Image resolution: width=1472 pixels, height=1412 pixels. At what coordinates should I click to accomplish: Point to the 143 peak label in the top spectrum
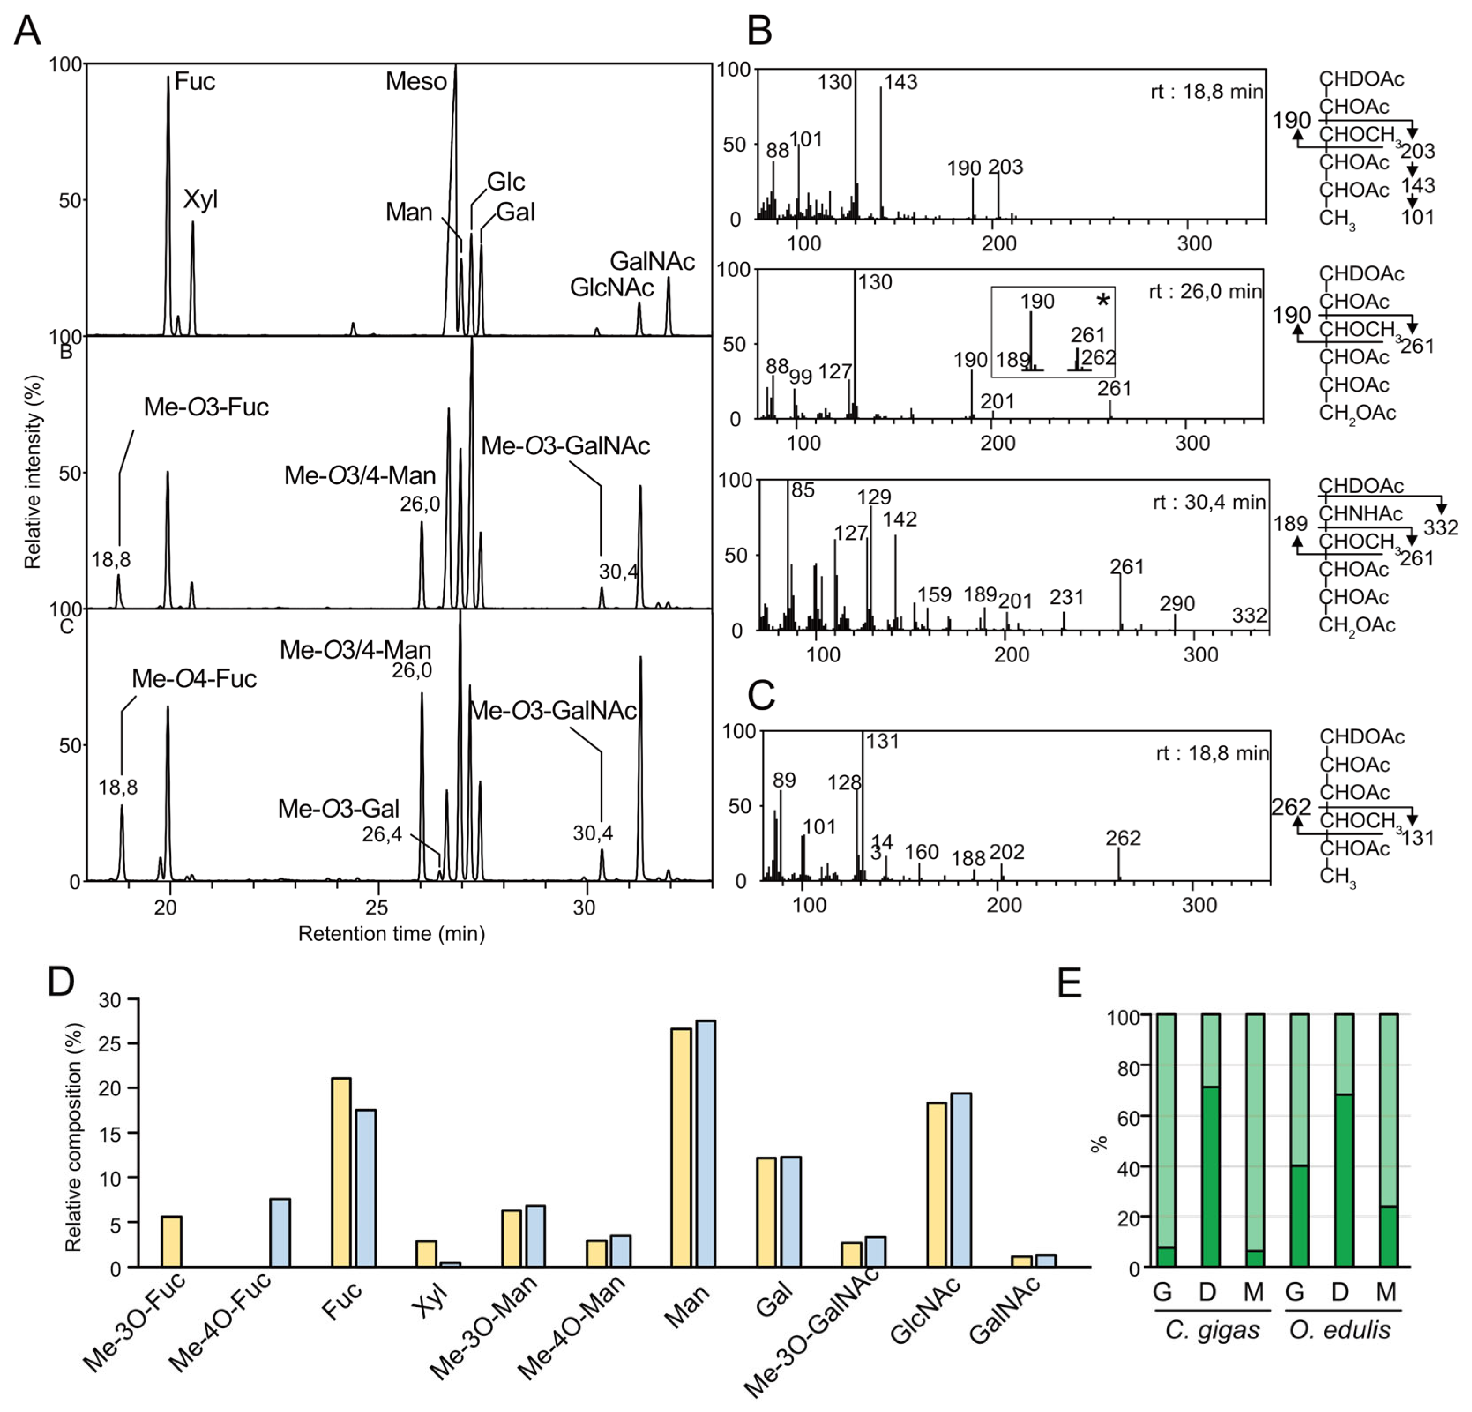pos(900,82)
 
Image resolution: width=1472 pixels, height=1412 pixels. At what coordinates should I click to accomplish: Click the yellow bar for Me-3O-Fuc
pos(171,1241)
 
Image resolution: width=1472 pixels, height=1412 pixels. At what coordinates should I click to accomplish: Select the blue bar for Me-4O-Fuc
pos(280,1233)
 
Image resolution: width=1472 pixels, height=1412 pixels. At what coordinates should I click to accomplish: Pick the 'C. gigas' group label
pos(1212,1330)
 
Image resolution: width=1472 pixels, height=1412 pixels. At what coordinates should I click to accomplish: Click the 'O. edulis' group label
pos(1340,1330)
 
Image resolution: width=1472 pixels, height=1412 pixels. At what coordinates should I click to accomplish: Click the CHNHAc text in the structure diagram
pos(1361,514)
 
